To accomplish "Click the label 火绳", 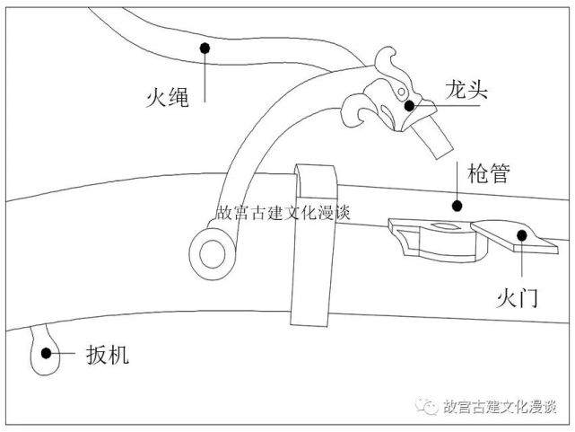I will tap(167, 95).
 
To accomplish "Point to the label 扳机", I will tap(108, 355).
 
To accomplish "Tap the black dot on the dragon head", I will tap(409, 105).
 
